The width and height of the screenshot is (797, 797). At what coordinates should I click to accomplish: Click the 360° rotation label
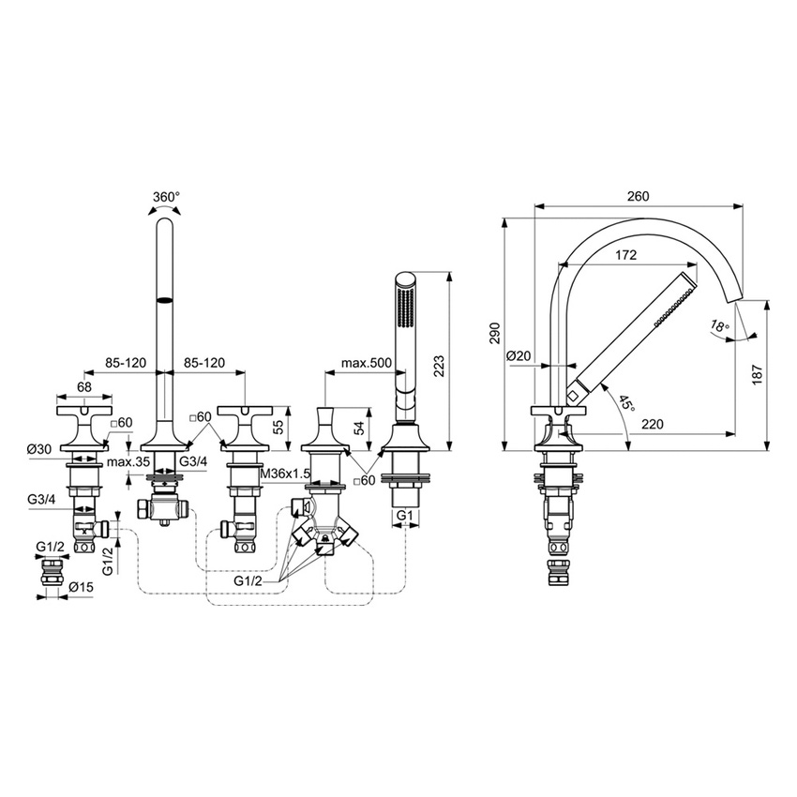[x=165, y=198]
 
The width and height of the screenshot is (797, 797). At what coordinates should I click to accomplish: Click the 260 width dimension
[x=638, y=196]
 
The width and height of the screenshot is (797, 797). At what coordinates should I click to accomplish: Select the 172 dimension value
[x=627, y=255]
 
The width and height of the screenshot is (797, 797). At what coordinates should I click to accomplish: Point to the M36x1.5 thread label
[x=284, y=474]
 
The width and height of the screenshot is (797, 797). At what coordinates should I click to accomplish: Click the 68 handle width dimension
[x=84, y=386]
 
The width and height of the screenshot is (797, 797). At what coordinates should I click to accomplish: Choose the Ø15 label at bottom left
[x=79, y=588]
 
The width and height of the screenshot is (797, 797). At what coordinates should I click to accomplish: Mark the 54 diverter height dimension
[x=360, y=428]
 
